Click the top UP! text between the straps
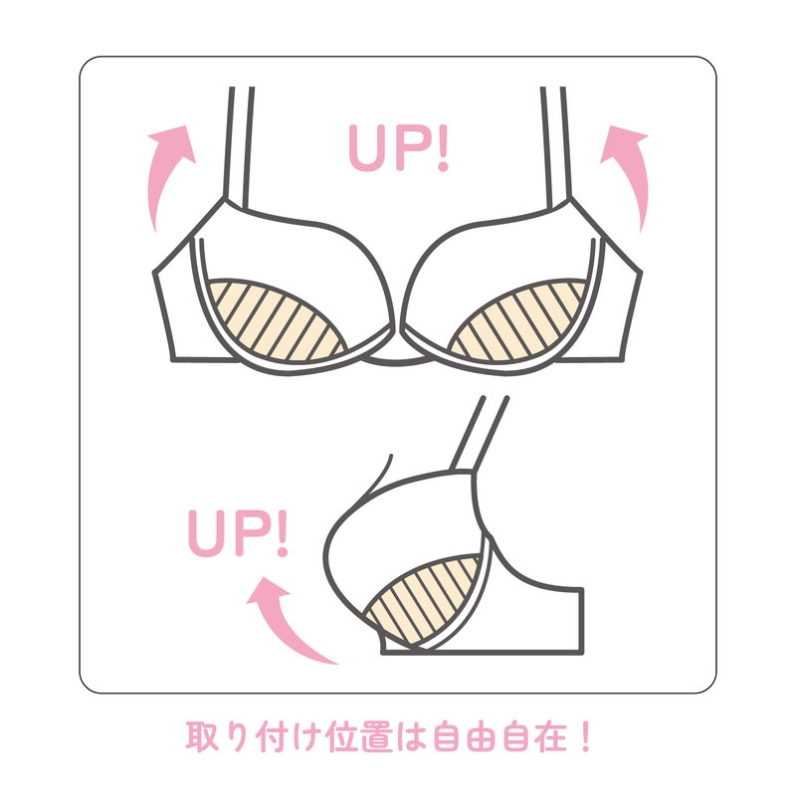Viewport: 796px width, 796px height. click(x=399, y=147)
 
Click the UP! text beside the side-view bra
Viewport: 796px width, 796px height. click(x=238, y=533)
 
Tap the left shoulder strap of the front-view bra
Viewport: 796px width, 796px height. click(x=239, y=147)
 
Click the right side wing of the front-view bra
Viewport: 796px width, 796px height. click(x=612, y=304)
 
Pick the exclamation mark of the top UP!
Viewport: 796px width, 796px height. click(x=443, y=148)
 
